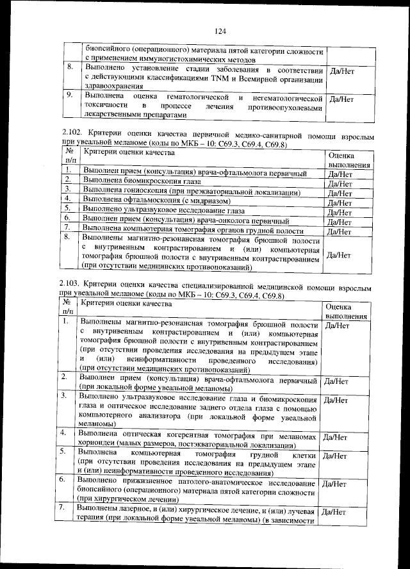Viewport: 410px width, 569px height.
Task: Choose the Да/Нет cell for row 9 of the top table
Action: (340, 99)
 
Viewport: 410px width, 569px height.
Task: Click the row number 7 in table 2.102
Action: (68, 229)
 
